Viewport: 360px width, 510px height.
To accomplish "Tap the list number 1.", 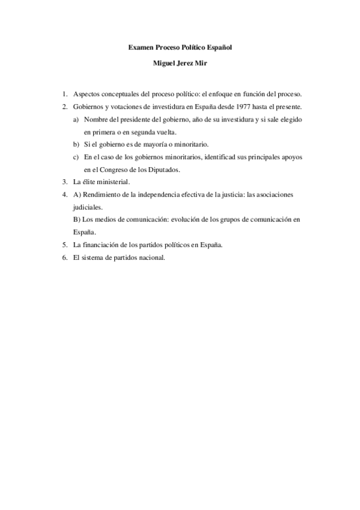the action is pyautogui.click(x=64, y=94).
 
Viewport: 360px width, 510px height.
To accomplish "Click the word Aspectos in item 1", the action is pyautogui.click(x=87, y=94).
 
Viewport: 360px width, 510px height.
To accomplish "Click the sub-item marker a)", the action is pyautogui.click(x=76, y=120).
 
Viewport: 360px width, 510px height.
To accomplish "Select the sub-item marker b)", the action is pyautogui.click(x=76, y=145).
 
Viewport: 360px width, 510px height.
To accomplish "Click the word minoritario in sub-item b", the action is pyautogui.click(x=189, y=145).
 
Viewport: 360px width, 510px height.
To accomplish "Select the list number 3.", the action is pyautogui.click(x=64, y=182).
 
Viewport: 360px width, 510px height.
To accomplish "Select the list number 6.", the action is pyautogui.click(x=64, y=258).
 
